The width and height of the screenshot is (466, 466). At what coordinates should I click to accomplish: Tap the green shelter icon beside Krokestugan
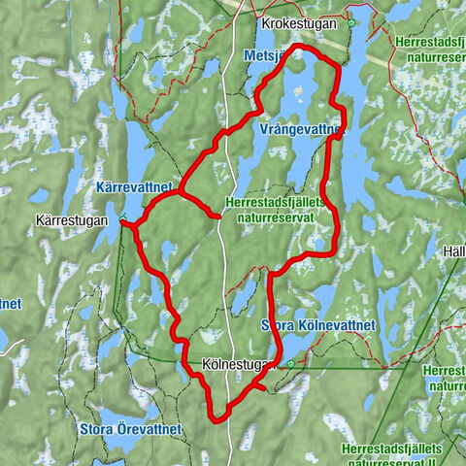tap(351, 23)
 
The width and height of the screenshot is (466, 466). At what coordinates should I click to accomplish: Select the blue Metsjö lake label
tap(264, 55)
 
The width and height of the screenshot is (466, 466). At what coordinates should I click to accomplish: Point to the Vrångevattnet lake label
tap(302, 129)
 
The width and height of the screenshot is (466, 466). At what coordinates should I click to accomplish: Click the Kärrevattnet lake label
tap(134, 183)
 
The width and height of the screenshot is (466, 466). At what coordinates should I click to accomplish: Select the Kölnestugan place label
tap(233, 365)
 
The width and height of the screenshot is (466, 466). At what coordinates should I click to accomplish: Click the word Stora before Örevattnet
tap(98, 426)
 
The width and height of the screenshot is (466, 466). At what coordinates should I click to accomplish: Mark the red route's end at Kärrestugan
tap(122, 223)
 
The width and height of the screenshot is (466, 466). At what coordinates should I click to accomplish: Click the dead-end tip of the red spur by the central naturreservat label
tap(220, 216)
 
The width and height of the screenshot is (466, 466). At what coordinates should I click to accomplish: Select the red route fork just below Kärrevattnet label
tap(179, 192)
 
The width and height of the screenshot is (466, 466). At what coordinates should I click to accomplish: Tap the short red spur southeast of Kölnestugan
tap(263, 387)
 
